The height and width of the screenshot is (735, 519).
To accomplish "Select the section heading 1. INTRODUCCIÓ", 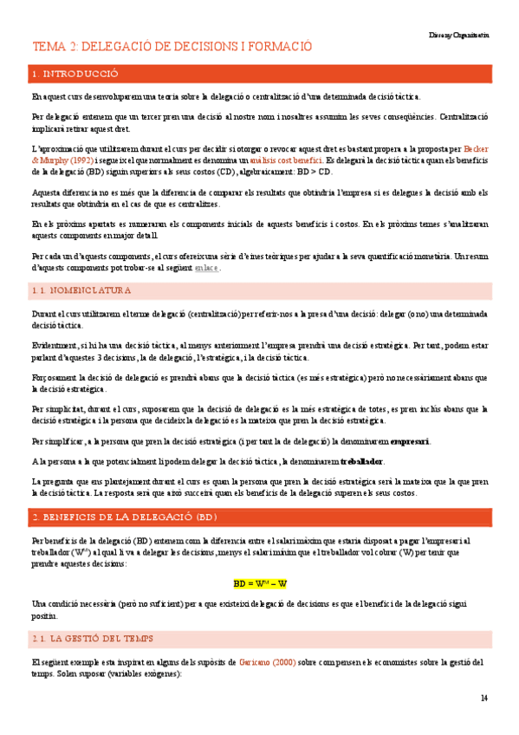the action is point(75,75).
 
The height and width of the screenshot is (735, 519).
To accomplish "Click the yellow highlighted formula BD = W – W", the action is point(260,583).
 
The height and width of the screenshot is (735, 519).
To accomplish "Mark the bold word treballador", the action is point(356,460).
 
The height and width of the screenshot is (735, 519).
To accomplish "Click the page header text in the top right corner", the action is point(458,36).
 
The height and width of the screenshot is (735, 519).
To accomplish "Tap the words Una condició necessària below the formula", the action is point(74,603).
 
